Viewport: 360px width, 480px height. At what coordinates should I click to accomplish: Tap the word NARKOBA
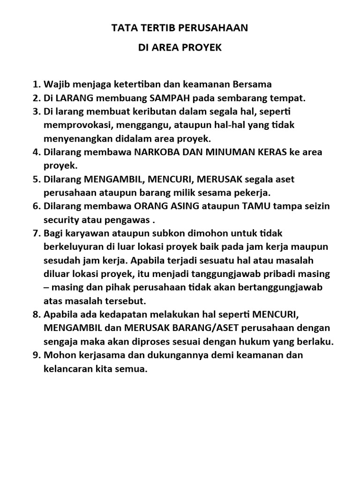158,152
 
